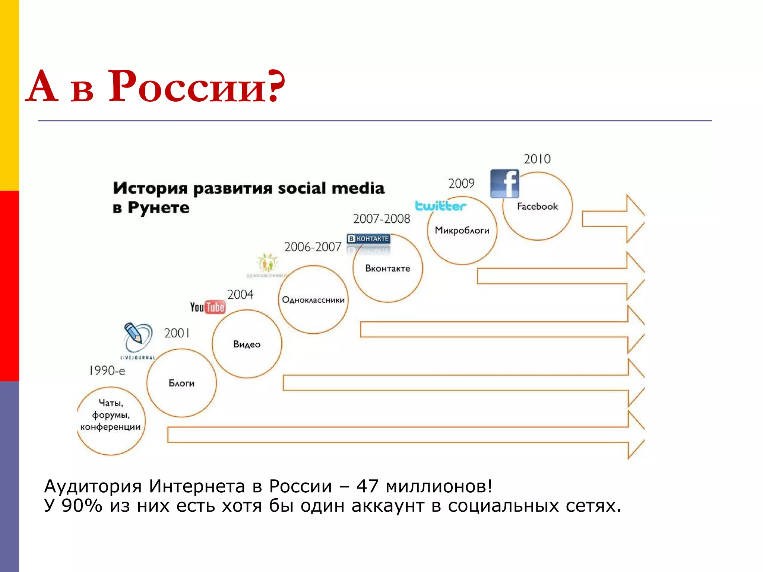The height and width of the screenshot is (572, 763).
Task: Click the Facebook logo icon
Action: (504, 184)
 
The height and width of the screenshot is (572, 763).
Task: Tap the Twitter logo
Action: (440, 206)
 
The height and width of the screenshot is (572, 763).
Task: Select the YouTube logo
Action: (208, 307)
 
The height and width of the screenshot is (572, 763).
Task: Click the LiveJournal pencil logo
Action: (137, 338)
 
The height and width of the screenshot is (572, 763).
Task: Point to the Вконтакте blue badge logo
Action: (368, 239)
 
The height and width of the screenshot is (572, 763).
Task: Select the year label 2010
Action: (537, 159)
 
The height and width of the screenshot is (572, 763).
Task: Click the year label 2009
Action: (461, 183)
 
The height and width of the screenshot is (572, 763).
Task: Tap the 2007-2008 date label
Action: (381, 219)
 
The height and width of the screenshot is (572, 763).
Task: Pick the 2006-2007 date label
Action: (313, 247)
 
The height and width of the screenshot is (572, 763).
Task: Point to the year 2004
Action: (240, 295)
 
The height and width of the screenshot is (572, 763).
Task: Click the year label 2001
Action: (177, 333)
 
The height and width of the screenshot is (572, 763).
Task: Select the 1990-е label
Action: (107, 371)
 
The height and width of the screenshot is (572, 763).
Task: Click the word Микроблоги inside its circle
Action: (462, 231)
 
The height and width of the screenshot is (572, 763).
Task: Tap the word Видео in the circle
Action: (247, 344)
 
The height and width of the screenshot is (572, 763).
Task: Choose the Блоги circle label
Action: (181, 383)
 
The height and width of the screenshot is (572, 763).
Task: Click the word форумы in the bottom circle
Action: (111, 415)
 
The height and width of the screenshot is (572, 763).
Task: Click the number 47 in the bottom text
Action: (367, 486)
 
